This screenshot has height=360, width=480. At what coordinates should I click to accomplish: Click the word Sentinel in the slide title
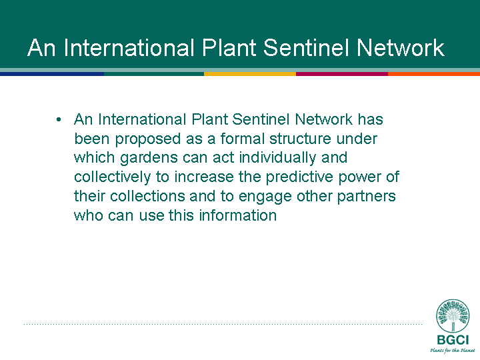coord(307,48)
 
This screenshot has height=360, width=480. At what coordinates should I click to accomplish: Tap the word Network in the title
coord(401,48)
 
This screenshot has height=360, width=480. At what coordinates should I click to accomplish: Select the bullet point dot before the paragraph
coord(59,120)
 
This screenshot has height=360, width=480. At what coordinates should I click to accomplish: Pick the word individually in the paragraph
coord(277,158)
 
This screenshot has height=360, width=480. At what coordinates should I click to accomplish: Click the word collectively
coord(113,177)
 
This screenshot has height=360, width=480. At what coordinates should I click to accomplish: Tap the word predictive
coord(299,177)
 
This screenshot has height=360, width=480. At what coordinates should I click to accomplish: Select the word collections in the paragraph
coord(147,196)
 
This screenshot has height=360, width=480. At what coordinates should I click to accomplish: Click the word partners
coord(367,197)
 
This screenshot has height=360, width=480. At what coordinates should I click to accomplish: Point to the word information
coord(238,215)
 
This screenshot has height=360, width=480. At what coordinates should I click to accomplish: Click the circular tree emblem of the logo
coord(453,316)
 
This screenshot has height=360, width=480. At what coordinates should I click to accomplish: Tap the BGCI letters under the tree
coord(453,340)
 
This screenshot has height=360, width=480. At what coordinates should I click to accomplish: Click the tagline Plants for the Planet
coord(453,351)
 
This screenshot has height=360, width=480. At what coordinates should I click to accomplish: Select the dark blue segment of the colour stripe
coord(52,74)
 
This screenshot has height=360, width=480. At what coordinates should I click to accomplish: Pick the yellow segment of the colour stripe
coord(250,74)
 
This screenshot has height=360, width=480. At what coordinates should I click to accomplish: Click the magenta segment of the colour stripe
coord(342,74)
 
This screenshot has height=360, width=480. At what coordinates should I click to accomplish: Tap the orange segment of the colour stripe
coord(434,74)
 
